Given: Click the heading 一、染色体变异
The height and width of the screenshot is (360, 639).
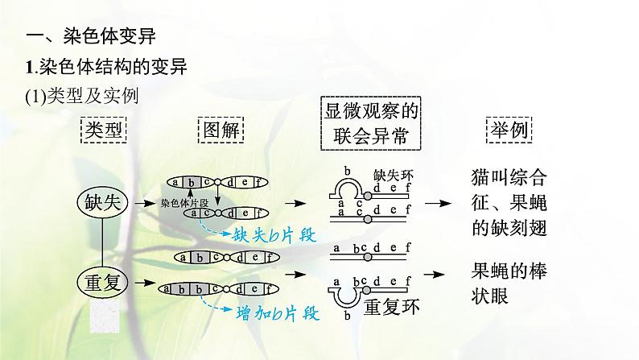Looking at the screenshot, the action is pyautogui.click(x=89, y=36).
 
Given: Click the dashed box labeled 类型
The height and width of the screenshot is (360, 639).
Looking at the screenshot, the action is pyautogui.click(x=104, y=130).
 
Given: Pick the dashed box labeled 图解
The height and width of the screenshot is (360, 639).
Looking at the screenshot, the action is pyautogui.click(x=220, y=130).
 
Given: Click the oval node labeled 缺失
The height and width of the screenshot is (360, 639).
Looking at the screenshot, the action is pyautogui.click(x=102, y=202).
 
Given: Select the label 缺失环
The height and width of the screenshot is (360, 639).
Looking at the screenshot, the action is pyautogui.click(x=394, y=174).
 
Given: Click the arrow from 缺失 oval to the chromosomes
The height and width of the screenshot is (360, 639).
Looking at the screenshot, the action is pyautogui.click(x=144, y=203).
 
